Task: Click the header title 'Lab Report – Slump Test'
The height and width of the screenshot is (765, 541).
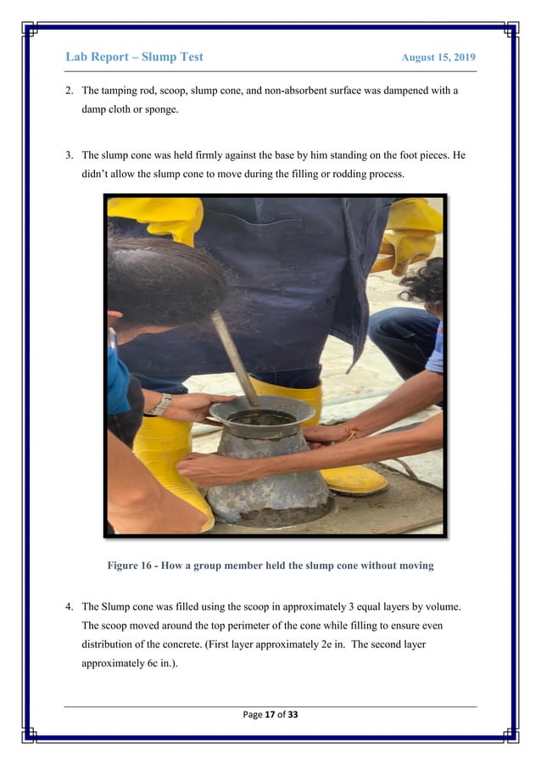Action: pyautogui.click(x=134, y=57)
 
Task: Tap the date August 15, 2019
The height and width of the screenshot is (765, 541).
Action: pyautogui.click(x=438, y=58)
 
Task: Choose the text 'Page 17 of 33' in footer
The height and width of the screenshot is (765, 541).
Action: pyautogui.click(x=270, y=714)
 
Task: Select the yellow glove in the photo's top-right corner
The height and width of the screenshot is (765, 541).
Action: pyautogui.click(x=411, y=233)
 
